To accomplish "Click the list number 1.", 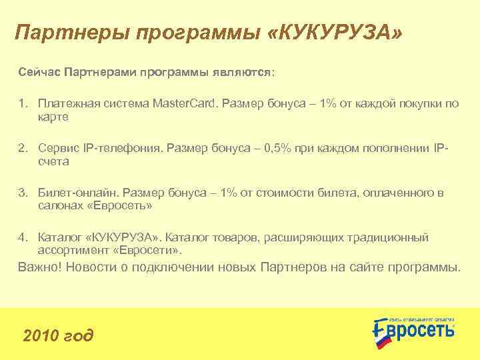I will (x=22, y=104).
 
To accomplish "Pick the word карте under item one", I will (x=53, y=117).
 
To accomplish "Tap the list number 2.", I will (x=22, y=149).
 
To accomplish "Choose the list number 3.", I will (x=22, y=193).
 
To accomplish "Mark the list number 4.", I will (x=22, y=238).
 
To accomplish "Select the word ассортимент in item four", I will (x=71, y=251).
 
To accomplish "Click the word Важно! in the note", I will (x=39, y=268).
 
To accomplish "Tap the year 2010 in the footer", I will (x=39, y=335).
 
